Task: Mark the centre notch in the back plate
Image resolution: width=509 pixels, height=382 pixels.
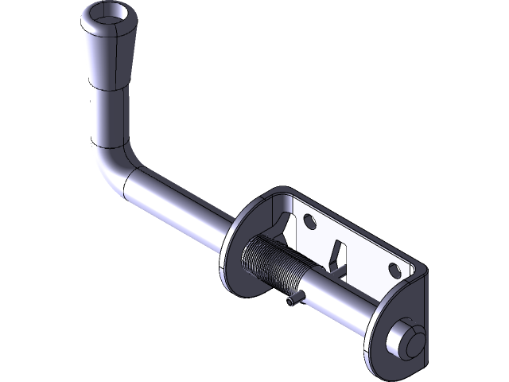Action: click(339, 253)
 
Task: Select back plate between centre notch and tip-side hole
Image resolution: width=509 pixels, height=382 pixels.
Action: click(366, 255)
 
